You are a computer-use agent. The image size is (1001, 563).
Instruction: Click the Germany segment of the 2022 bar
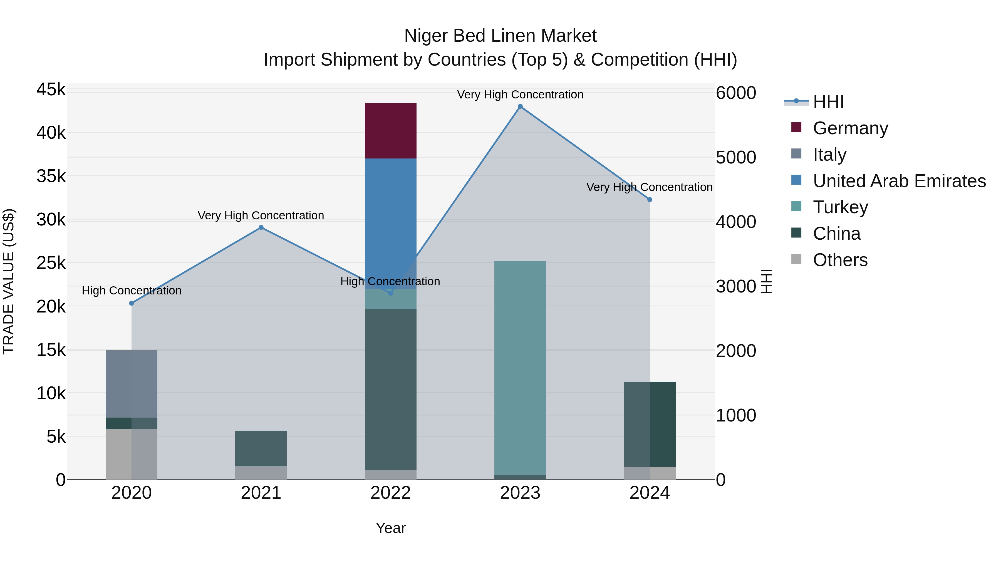point(391,131)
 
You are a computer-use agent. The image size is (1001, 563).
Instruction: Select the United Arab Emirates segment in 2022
point(391,218)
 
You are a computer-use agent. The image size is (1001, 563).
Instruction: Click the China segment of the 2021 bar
point(261,448)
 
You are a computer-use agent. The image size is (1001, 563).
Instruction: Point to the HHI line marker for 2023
point(520,106)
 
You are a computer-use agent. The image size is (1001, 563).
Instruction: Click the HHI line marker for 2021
point(261,228)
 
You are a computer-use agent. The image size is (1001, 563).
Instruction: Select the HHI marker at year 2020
point(131,303)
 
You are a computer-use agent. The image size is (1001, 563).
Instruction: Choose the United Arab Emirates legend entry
point(899,181)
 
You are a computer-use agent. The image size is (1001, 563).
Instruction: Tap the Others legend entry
point(840,260)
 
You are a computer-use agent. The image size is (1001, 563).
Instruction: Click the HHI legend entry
point(828,102)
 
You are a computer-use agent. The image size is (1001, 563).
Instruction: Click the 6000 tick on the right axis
point(735,93)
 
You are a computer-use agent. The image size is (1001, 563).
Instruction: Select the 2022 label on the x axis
point(391,493)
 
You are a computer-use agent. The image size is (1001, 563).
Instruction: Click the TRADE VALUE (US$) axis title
point(9,281)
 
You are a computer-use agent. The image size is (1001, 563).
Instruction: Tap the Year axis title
point(391,528)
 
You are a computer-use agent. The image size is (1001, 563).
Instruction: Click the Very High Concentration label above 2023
point(520,95)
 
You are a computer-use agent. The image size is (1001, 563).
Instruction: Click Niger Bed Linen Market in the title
point(500,36)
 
